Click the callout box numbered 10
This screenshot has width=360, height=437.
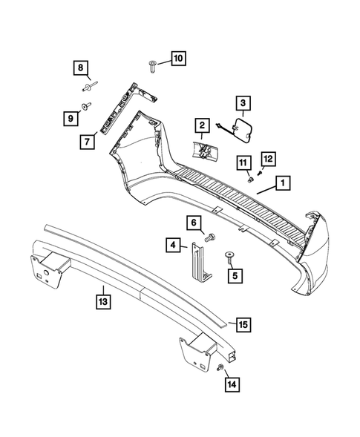click(x=177, y=57)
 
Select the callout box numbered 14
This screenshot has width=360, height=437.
click(x=232, y=384)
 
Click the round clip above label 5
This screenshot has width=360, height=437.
click(x=229, y=255)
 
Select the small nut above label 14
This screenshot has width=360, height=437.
click(x=222, y=369)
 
